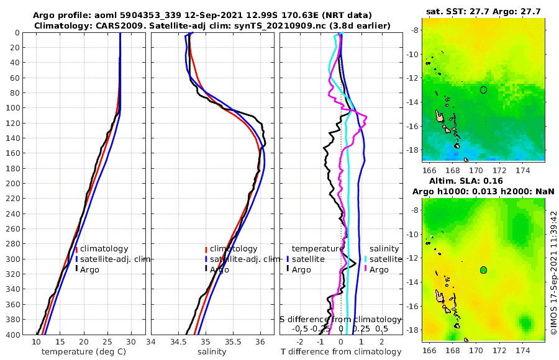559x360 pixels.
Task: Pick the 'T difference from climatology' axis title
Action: click(x=341, y=352)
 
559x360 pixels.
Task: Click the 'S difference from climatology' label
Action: click(x=340, y=318)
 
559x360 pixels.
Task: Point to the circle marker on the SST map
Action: click(x=484, y=90)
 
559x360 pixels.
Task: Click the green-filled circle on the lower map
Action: click(x=484, y=270)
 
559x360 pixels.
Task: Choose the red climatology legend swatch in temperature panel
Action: click(x=76, y=249)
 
